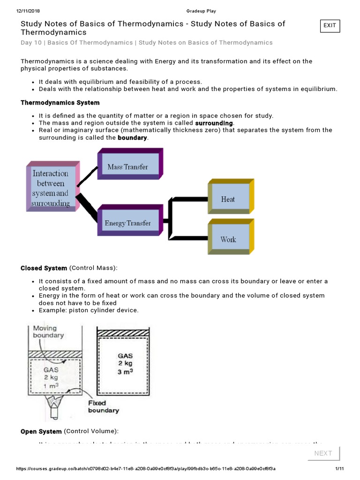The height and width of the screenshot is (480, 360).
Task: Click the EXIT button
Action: (x=330, y=25)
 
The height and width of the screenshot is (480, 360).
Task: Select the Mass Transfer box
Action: (x=127, y=167)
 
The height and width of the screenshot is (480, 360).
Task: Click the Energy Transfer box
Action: (x=127, y=223)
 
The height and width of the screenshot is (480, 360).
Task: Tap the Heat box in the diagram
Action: (x=228, y=199)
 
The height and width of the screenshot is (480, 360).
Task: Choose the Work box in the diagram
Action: (x=228, y=240)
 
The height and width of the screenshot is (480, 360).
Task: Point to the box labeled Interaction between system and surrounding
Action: (x=50, y=188)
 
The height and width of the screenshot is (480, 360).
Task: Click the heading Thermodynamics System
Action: (x=60, y=103)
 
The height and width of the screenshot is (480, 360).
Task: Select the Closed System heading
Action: (x=44, y=268)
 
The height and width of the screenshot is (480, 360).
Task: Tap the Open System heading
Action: (x=41, y=431)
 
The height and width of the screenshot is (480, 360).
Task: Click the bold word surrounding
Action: (x=214, y=123)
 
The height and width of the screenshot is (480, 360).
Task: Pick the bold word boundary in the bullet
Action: (x=132, y=138)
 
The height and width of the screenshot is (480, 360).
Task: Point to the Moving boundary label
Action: (x=48, y=332)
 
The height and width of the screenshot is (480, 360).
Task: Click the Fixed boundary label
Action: (x=103, y=406)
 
